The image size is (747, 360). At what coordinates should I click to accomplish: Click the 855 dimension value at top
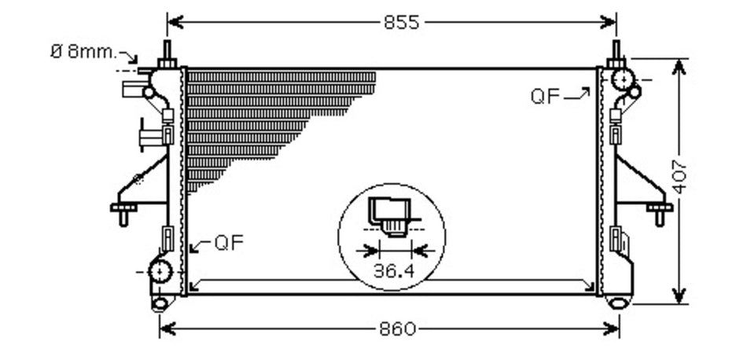click(x=401, y=22)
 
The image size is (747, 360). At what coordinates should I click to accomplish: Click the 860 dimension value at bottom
click(x=398, y=329)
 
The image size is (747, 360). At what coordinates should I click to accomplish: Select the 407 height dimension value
click(x=680, y=177)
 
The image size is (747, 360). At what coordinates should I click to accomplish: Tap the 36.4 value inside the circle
click(x=394, y=271)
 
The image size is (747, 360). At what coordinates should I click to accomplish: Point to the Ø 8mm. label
click(x=83, y=51)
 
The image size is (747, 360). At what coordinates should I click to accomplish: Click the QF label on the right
click(x=545, y=97)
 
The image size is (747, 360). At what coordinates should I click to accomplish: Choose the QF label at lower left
click(x=229, y=243)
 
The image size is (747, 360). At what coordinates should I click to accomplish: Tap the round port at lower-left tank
click(x=160, y=271)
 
